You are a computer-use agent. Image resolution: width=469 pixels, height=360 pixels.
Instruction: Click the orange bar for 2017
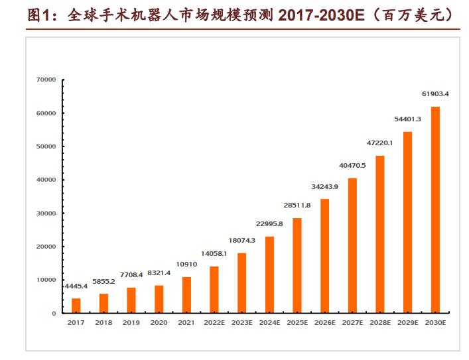(76, 306)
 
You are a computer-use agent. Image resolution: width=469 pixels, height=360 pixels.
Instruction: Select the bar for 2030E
(435, 210)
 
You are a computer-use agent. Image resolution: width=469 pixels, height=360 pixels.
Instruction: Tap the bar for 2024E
(269, 274)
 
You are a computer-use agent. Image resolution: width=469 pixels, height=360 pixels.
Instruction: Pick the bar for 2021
(186, 294)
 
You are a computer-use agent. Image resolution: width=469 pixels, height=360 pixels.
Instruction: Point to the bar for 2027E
(352, 245)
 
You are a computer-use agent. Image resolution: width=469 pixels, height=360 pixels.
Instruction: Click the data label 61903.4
(435, 94)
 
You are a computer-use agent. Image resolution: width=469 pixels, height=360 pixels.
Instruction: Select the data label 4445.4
(76, 286)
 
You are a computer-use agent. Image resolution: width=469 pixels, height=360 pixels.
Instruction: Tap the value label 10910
(186, 265)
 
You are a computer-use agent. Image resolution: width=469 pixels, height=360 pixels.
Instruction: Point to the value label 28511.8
(297, 206)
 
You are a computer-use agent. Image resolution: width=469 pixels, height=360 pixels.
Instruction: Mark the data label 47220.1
(380, 143)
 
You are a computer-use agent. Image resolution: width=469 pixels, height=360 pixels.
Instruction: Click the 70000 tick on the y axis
(46, 80)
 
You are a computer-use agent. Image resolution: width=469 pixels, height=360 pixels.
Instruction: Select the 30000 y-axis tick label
(46, 213)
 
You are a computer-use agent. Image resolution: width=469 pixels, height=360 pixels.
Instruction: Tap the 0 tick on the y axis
(54, 313)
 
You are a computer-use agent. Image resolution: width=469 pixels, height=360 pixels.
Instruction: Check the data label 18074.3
(242, 241)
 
